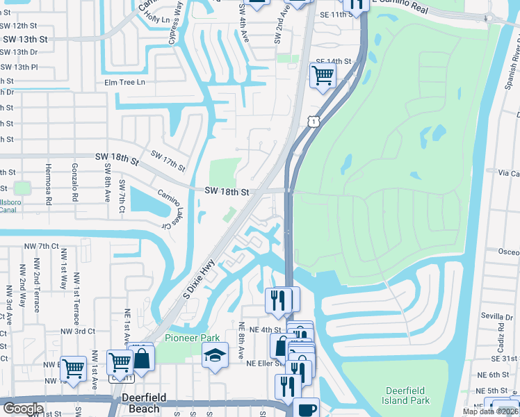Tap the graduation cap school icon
[216, 354]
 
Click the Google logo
[22, 409]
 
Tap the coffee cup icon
[306, 409]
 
